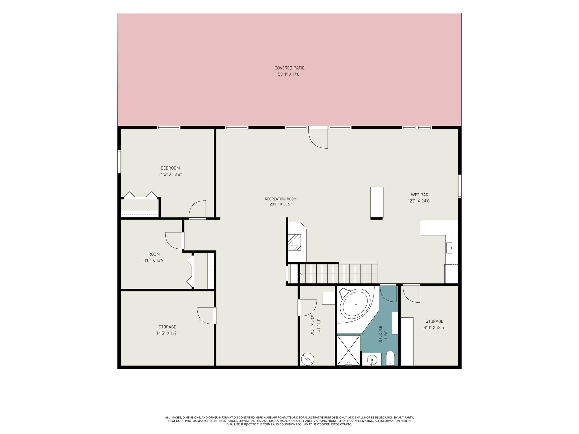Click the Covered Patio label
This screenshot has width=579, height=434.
pyautogui.click(x=289, y=68)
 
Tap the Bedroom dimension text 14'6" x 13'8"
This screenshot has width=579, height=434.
pyautogui.click(x=170, y=175)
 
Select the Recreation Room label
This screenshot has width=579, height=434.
pyautogui.click(x=281, y=199)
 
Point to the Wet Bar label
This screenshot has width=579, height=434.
pyautogui.click(x=420, y=195)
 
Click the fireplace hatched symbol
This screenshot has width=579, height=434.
pyautogui.click(x=295, y=242)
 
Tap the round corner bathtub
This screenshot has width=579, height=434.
pyautogui.click(x=355, y=305)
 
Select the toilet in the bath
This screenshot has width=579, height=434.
pyautogui.click(x=390, y=358)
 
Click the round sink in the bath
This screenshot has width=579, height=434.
pyautogui.click(x=372, y=360)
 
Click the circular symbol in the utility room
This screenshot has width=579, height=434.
pyautogui.click(x=308, y=359)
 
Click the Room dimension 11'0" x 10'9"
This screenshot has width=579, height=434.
pyautogui.click(x=154, y=261)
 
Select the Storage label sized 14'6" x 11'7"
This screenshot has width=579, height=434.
pyautogui.click(x=167, y=327)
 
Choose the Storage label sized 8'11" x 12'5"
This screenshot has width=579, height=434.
pyautogui.click(x=435, y=321)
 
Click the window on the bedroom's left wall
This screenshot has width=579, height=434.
pyautogui.click(x=119, y=161)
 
